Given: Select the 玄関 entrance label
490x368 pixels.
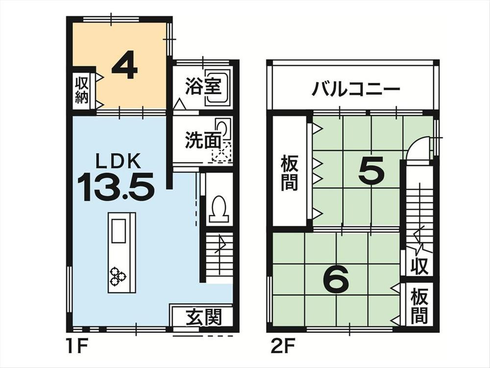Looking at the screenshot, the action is click(x=204, y=317).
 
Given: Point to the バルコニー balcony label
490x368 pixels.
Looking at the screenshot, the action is click(x=356, y=89).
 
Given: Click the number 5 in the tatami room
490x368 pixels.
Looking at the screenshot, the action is click(x=371, y=170).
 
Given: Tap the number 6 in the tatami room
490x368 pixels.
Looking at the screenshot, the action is click(x=336, y=279).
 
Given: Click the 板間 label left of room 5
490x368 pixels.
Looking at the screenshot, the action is click(x=290, y=173).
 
